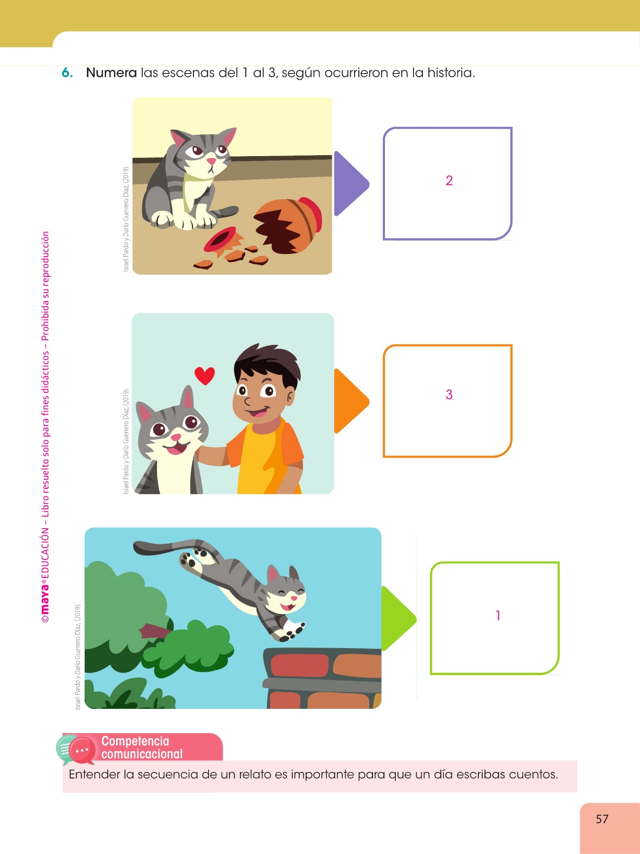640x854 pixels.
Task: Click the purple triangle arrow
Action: coord(350,184)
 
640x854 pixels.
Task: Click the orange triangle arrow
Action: coord(350,401)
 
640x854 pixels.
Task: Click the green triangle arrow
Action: coord(397,618)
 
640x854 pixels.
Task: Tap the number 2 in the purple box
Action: coord(449,180)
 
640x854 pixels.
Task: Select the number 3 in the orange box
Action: coord(449,394)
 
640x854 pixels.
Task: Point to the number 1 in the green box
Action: coord(498,615)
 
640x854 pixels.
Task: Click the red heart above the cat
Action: coord(205,376)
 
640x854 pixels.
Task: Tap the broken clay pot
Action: coord(287,225)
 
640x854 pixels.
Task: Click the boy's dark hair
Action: coord(268,363)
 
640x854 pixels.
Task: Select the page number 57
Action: coord(602,819)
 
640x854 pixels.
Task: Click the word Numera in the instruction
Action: coord(111,73)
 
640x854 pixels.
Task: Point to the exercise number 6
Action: coord(67,73)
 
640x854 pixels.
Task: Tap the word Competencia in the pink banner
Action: coord(135,741)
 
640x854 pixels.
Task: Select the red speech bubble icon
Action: coord(82,751)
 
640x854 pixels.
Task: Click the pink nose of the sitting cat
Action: coord(211,161)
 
